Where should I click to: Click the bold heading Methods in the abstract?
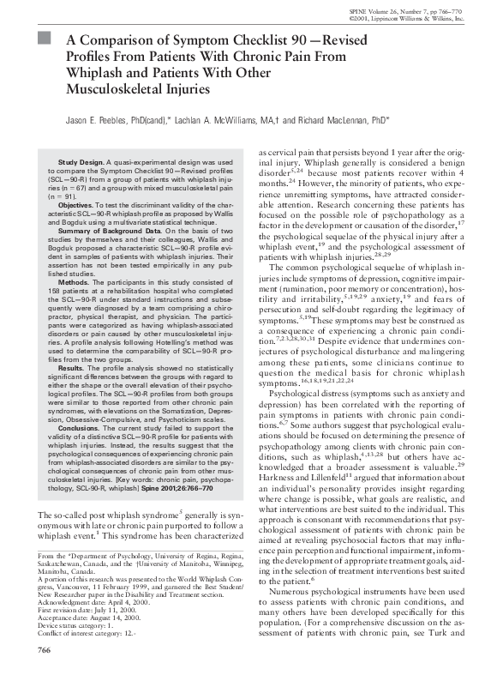click(x=75, y=280)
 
